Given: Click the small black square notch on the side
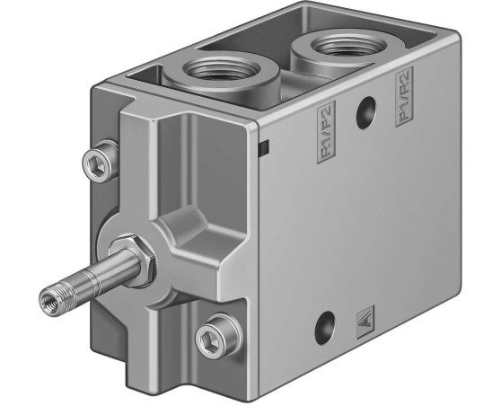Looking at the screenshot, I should point(262,145).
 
